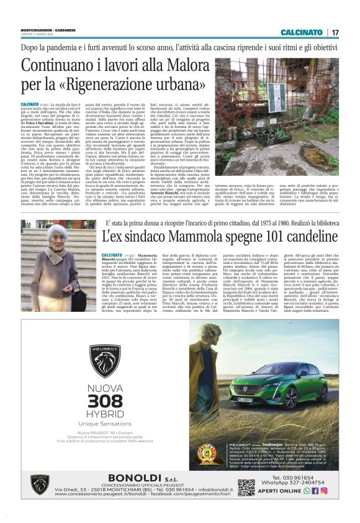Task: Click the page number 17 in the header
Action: (x=336, y=32)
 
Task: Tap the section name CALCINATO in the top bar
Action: (x=301, y=32)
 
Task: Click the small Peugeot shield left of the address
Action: (x=40, y=484)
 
